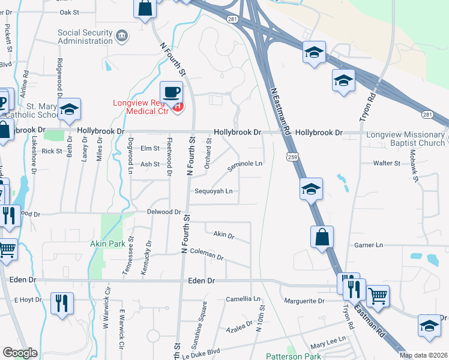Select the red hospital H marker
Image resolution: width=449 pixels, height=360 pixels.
coord(177,107)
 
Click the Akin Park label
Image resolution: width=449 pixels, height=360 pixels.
coord(107,244)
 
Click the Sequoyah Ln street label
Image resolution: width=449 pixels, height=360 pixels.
coord(213,191)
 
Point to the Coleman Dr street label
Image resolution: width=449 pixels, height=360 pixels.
coord(206,254)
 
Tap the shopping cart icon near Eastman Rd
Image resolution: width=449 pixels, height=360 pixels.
coord(377,295)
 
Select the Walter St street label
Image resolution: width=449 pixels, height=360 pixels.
coord(387,163)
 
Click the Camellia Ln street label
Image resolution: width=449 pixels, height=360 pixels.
coord(243,299)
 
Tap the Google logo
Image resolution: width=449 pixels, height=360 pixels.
coord(20,353)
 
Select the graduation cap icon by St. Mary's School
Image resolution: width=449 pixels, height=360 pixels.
coord(69,110)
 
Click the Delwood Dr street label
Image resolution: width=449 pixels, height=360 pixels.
coord(164,212)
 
